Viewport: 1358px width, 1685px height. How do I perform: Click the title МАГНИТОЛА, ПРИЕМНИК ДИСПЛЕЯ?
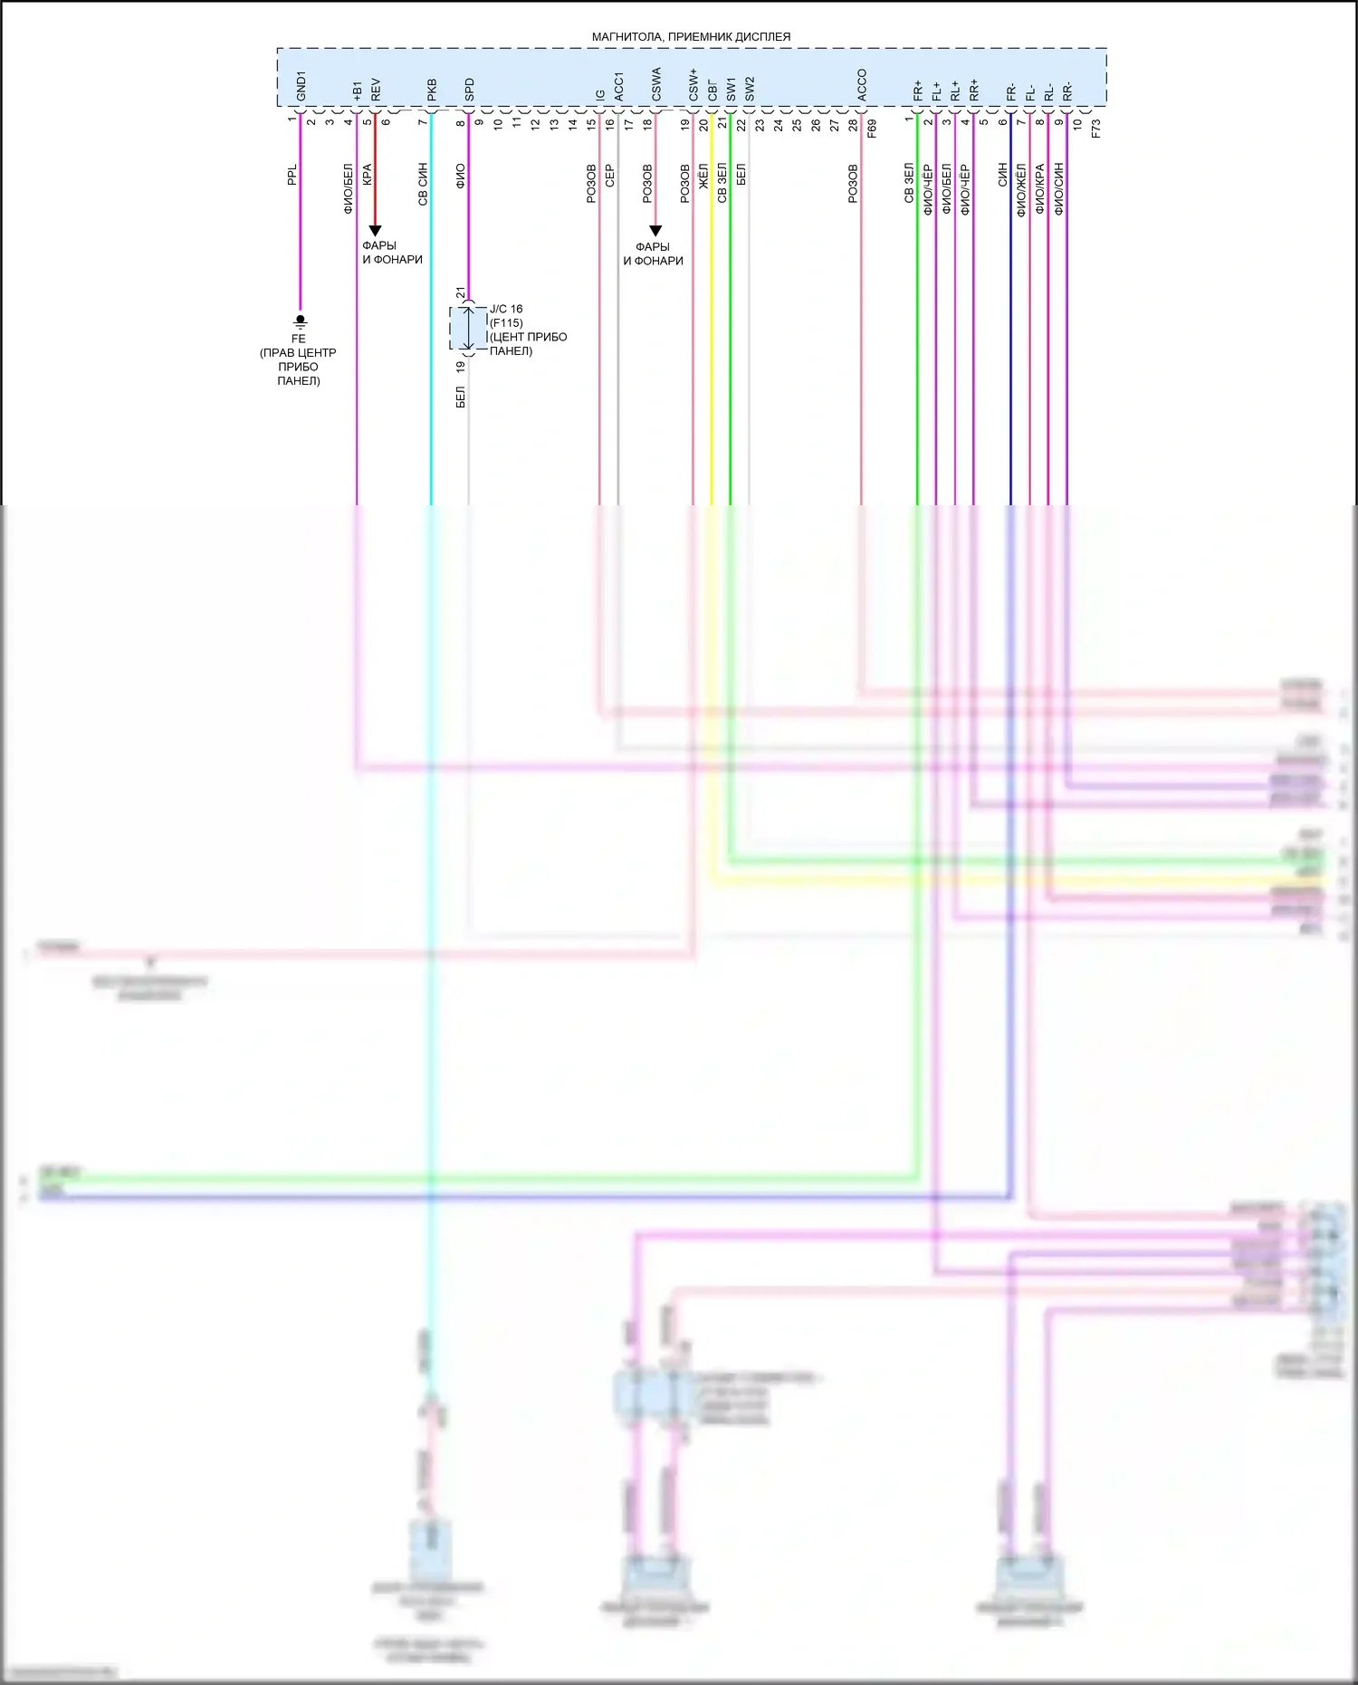pos(691,37)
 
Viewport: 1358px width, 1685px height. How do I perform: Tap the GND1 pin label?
pos(301,86)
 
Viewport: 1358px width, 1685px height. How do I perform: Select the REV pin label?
pos(376,90)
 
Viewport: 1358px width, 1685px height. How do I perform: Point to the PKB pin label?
pos(432,90)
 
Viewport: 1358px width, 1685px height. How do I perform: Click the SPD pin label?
pos(469,90)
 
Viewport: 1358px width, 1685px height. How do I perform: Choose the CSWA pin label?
pos(656,84)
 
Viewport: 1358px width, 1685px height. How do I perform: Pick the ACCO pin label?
pos(861,85)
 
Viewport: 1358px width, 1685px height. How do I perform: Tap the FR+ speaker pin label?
pos(918,91)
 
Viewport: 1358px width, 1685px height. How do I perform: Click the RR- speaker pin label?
pos(1067,91)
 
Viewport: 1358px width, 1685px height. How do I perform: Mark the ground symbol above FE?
pos(301,321)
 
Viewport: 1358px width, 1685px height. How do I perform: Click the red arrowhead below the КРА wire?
pos(375,231)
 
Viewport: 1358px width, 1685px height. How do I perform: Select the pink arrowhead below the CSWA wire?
pos(655,231)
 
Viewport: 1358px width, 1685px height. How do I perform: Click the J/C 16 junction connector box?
pos(467,328)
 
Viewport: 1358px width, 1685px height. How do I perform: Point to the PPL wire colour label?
pos(292,176)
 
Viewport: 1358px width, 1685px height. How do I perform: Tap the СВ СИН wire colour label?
pos(422,185)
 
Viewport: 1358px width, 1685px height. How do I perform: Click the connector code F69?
pos(872,128)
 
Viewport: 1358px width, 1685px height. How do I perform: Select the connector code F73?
pos(1095,128)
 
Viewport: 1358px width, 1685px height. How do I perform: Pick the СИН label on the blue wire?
pos(1002,176)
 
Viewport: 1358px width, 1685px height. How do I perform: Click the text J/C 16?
pos(506,309)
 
